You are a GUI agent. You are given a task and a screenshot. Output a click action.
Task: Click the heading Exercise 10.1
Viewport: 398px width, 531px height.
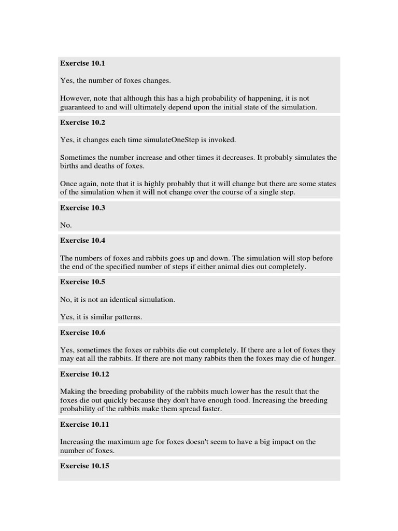point(82,63)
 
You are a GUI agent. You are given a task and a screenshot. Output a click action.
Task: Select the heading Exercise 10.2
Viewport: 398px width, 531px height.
point(82,122)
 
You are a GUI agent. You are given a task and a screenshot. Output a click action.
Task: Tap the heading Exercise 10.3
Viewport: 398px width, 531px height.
point(82,207)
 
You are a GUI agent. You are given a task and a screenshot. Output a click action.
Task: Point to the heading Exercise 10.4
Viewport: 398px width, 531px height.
point(82,240)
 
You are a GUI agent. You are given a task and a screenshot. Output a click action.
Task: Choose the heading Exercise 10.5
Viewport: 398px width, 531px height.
point(82,282)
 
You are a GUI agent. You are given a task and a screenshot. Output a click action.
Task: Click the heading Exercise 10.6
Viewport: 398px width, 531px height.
point(82,332)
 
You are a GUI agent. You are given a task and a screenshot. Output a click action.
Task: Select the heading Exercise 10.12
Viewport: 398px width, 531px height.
point(84,374)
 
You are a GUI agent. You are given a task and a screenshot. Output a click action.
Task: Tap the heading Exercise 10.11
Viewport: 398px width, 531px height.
point(84,424)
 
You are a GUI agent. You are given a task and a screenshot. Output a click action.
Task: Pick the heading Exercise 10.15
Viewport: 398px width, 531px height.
point(84,466)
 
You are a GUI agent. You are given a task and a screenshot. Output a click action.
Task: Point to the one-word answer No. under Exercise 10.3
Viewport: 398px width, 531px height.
point(66,225)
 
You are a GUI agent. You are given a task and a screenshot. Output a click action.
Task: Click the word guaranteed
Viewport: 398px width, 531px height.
point(78,107)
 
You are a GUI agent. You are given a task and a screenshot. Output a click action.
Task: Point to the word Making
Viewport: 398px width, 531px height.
point(72,392)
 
